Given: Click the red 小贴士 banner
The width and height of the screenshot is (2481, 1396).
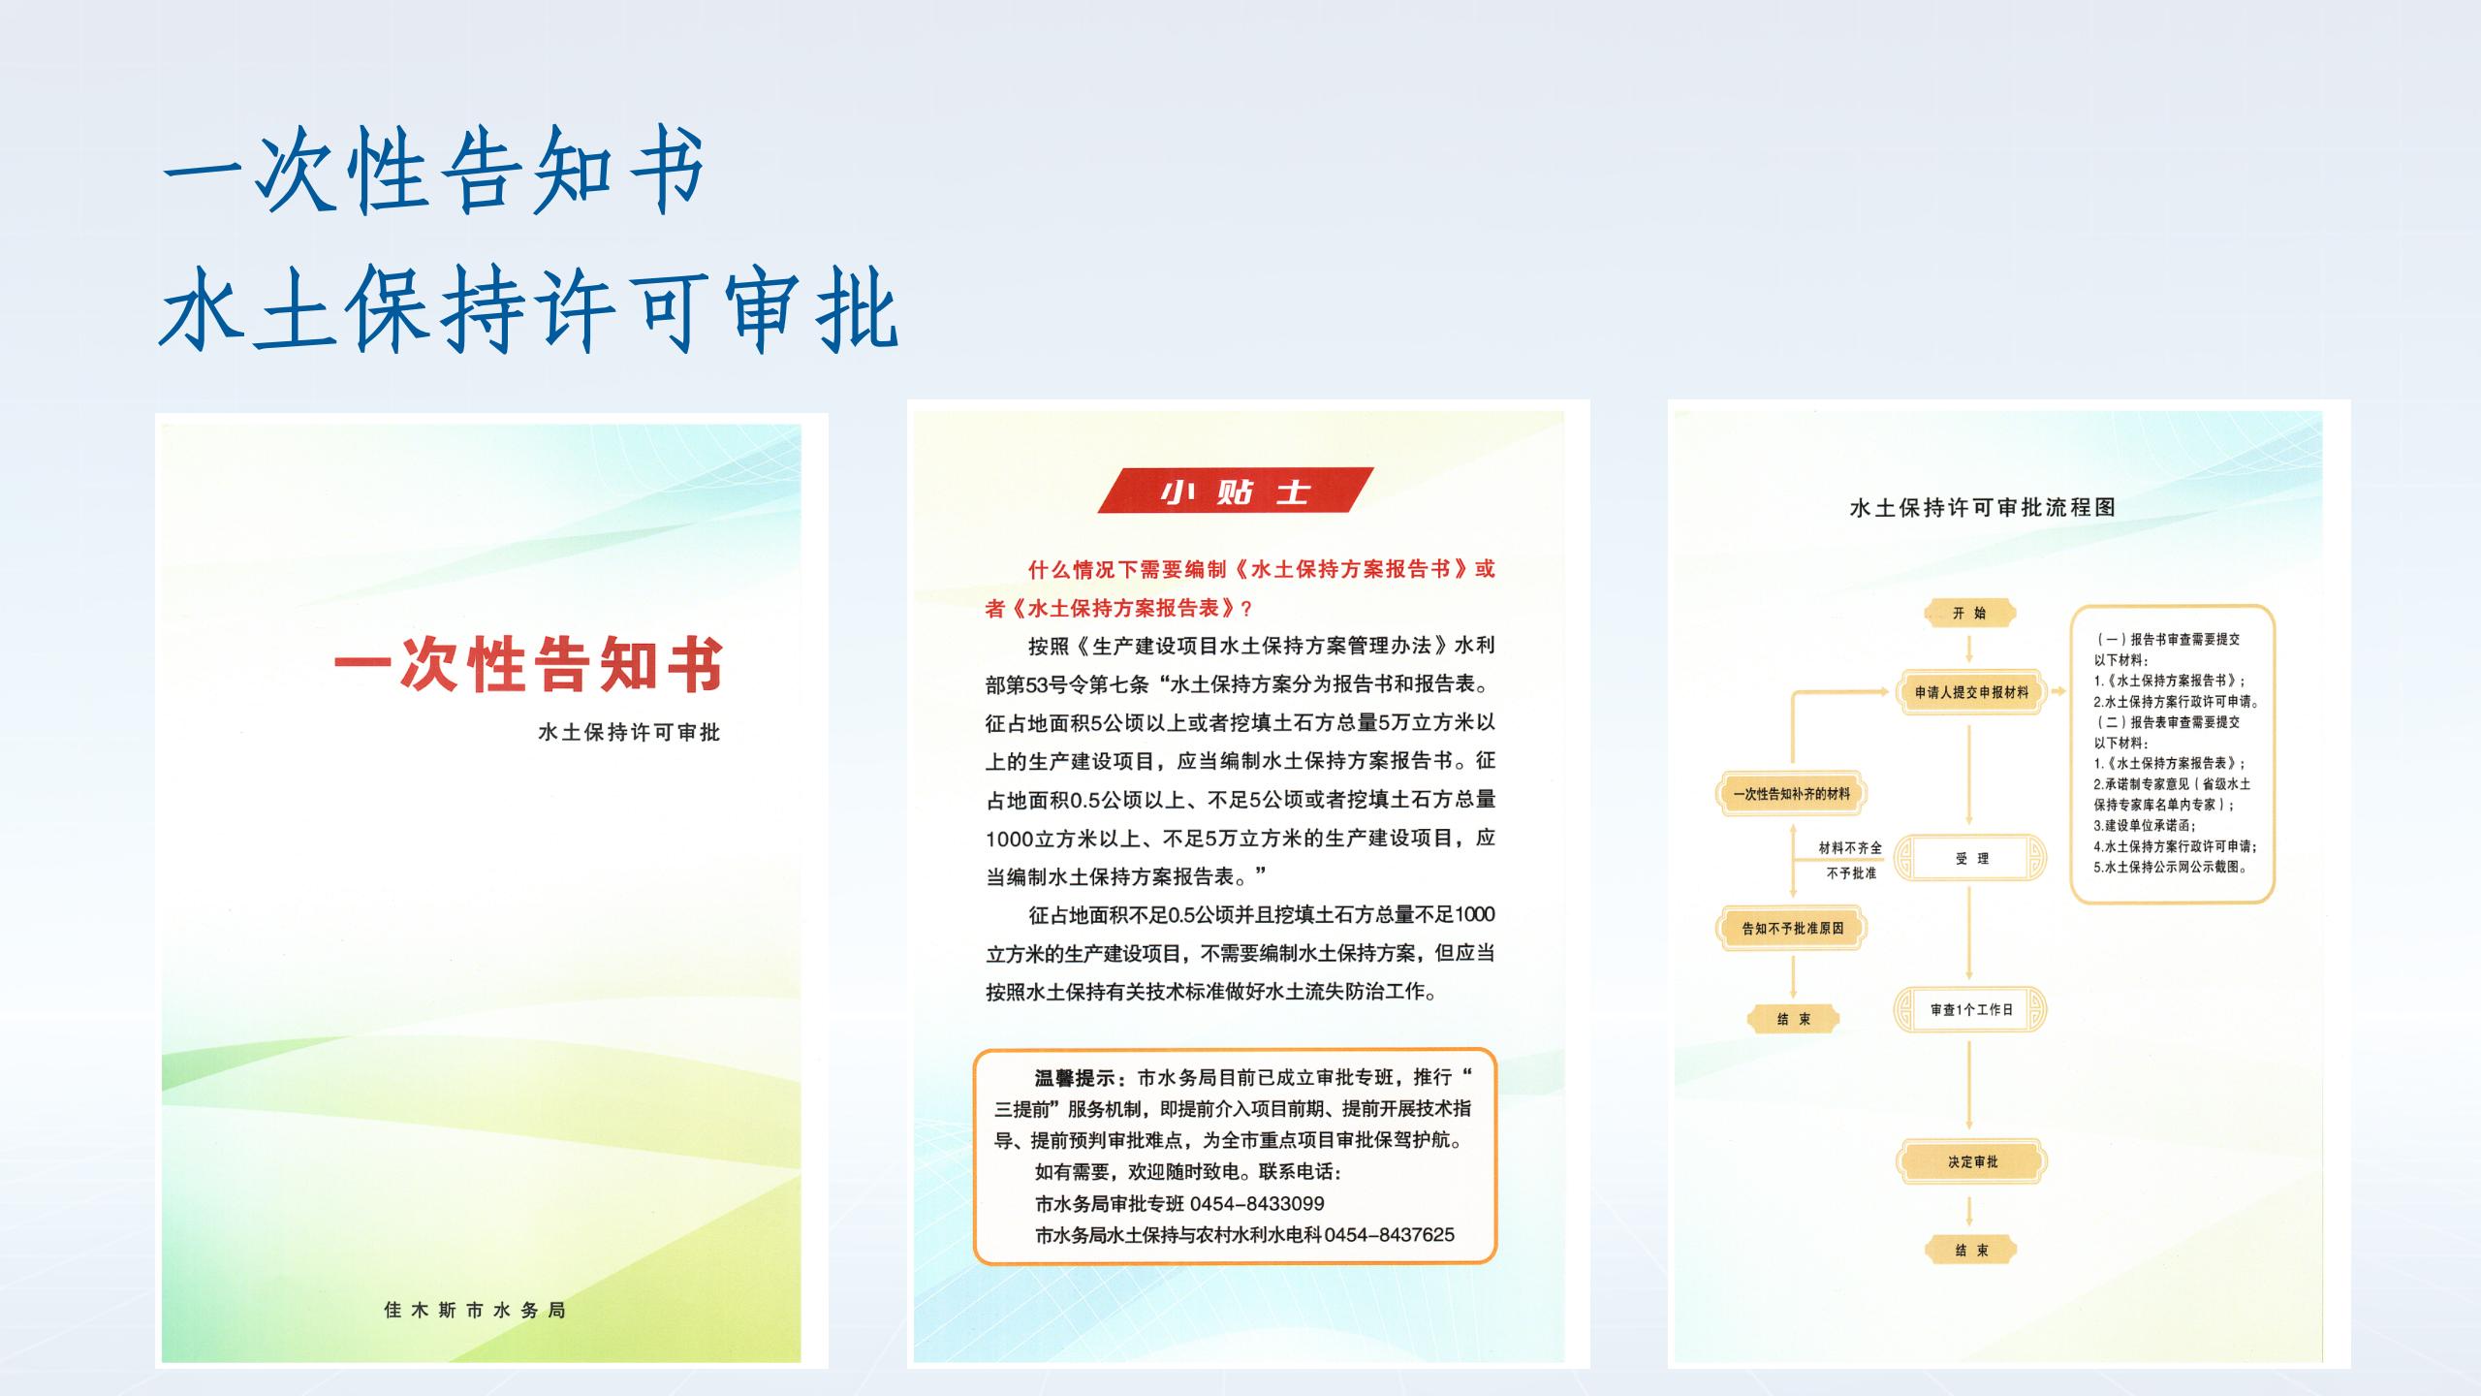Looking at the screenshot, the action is coord(1236,491).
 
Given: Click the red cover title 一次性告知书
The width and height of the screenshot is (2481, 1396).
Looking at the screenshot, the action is coord(529,665).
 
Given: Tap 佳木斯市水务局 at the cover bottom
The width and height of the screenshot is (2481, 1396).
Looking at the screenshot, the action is coord(475,1310).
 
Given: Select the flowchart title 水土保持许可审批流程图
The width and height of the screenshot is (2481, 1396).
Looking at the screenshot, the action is coord(1983,507).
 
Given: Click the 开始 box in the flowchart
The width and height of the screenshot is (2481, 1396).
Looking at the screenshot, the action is coord(1969,613).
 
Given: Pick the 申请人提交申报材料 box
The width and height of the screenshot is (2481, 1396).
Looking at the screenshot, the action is coord(1971,692).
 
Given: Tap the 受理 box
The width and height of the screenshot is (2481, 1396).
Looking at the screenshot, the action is coord(1971,858).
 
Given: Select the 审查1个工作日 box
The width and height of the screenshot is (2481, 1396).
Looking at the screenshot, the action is coord(1971,1009).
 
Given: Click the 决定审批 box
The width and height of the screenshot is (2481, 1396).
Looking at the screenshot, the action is coord(1972,1161).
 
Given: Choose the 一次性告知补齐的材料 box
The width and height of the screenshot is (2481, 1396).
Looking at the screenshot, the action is coord(1792,794).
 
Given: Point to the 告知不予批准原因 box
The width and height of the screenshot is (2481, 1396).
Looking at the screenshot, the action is coord(1792,928).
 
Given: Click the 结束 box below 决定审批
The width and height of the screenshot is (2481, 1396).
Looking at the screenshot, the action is coord(1971,1250).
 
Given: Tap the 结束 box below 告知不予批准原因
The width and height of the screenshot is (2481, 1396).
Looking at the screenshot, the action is coord(1793,1019).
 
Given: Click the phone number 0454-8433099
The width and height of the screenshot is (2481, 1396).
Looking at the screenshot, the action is coord(1257,1203).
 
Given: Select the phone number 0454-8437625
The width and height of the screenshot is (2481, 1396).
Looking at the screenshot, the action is coord(1390,1234).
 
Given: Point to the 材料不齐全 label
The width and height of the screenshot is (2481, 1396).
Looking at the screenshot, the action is coord(1850,847).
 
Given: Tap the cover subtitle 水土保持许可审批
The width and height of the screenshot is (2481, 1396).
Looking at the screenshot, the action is coord(629,732).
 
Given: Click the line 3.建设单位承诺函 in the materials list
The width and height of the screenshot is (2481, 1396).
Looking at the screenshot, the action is coord(2144,825).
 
